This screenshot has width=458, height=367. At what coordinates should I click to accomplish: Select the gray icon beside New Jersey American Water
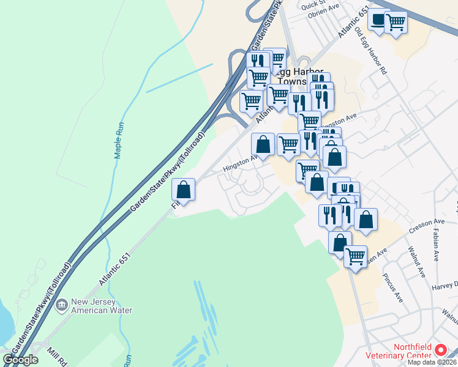pyautogui.click(x=61, y=305)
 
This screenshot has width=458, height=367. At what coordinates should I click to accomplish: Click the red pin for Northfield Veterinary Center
pyautogui.click(x=441, y=350)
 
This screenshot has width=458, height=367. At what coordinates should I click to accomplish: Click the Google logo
pyautogui.click(x=20, y=360)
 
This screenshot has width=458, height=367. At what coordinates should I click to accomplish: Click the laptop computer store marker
pyautogui.click(x=379, y=20)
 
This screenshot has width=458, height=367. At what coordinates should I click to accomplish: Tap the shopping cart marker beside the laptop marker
pyautogui.click(x=396, y=23)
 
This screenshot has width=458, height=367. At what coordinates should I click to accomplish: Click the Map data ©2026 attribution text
pyautogui.click(x=430, y=362)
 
